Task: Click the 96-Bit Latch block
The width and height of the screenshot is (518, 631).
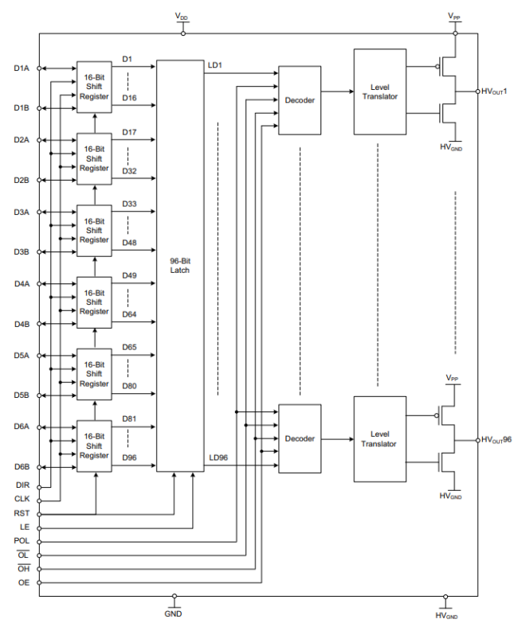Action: (180, 266)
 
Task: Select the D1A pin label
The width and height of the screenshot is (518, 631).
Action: (22, 68)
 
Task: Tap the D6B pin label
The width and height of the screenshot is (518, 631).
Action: (22, 466)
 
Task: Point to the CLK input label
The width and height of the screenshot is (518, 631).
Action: (22, 499)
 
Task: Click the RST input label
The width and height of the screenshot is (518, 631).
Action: (22, 513)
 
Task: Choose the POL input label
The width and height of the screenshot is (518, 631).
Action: (22, 541)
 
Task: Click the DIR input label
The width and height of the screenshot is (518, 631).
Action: (22, 485)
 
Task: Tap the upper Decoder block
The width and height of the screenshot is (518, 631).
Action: (300, 101)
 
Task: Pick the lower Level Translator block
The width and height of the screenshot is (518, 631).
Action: (379, 438)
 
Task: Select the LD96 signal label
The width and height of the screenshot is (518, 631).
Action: (218, 458)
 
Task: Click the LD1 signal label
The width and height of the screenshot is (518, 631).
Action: (214, 64)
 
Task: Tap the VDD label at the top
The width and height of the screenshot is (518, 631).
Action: (182, 16)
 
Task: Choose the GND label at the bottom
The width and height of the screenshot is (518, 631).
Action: (175, 613)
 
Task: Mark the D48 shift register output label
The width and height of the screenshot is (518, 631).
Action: (129, 243)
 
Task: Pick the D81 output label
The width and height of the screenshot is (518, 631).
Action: (129, 419)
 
